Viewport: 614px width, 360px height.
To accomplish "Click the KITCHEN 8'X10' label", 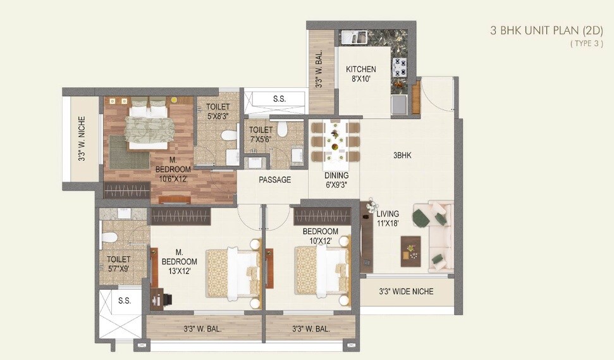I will [361, 74].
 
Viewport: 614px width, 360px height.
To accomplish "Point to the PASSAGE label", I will [275, 180].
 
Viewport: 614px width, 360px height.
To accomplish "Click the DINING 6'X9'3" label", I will [336, 180].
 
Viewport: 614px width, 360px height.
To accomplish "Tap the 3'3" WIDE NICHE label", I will [406, 292].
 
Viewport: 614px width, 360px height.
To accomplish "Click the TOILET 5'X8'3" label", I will [218, 112].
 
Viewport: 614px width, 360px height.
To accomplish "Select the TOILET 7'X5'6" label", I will [261, 134].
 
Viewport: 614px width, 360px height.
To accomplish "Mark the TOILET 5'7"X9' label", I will [118, 264].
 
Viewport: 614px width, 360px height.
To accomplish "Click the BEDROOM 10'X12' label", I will [320, 236].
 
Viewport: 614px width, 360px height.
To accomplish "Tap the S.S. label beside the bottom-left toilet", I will [125, 301].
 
